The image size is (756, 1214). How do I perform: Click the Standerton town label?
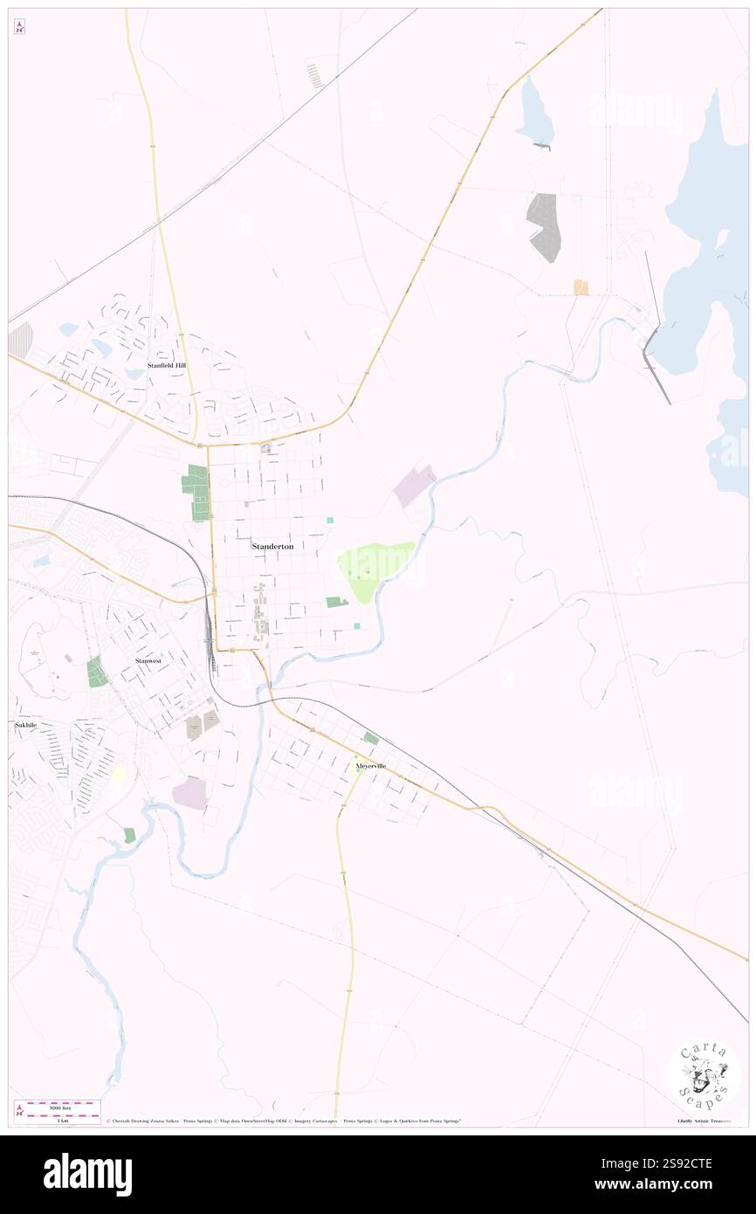point(272,546)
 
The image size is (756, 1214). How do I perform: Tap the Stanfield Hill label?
point(166,365)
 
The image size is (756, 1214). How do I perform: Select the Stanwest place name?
point(148,661)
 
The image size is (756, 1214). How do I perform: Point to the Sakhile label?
point(25,725)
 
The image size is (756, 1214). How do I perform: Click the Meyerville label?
point(371,766)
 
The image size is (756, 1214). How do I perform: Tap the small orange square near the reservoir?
point(581,287)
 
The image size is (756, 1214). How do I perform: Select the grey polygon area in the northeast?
point(544,226)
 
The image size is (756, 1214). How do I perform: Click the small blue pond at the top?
point(534,112)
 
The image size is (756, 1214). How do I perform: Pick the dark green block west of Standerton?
point(197,492)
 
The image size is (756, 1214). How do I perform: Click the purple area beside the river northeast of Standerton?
point(414,486)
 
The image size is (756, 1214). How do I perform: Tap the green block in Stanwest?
point(97,672)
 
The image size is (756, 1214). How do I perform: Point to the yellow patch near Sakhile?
point(119,774)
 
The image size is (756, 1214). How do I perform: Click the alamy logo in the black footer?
point(87,1173)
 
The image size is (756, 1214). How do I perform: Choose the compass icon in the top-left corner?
point(19,27)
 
